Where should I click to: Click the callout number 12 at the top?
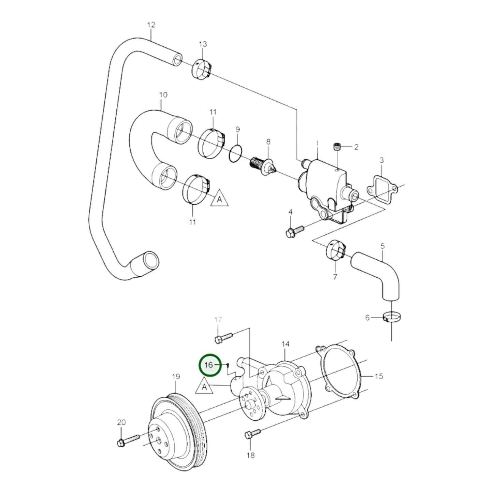pyautogui.click(x=151, y=25)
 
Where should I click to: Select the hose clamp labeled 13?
pyautogui.click(x=203, y=69)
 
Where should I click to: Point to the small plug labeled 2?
pyautogui.click(x=337, y=147)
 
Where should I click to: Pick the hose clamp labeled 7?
pyautogui.click(x=336, y=251)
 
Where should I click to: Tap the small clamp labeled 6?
pyautogui.click(x=391, y=318)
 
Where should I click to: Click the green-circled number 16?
pyautogui.click(x=209, y=365)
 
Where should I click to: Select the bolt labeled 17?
pyautogui.click(x=223, y=337)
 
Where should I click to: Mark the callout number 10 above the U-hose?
pyautogui.click(x=163, y=95)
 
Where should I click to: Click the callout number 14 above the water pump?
pyautogui.click(x=285, y=344)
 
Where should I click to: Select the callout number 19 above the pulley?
pyautogui.click(x=176, y=377)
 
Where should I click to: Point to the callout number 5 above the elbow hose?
pyautogui.click(x=382, y=246)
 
